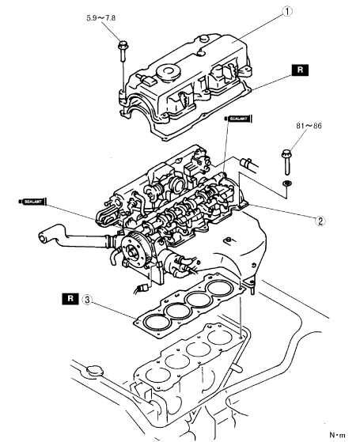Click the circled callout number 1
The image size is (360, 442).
(287, 12)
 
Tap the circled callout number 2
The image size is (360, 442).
(320, 221)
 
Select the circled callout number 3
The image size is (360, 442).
(87, 300)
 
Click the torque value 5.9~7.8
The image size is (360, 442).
(100, 18)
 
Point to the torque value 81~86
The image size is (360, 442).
(309, 126)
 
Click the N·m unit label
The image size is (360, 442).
(337, 435)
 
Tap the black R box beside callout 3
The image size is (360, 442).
(70, 299)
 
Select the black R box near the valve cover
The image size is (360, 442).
(300, 70)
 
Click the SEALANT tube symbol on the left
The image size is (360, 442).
(32, 202)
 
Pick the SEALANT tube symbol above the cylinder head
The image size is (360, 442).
(238, 119)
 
